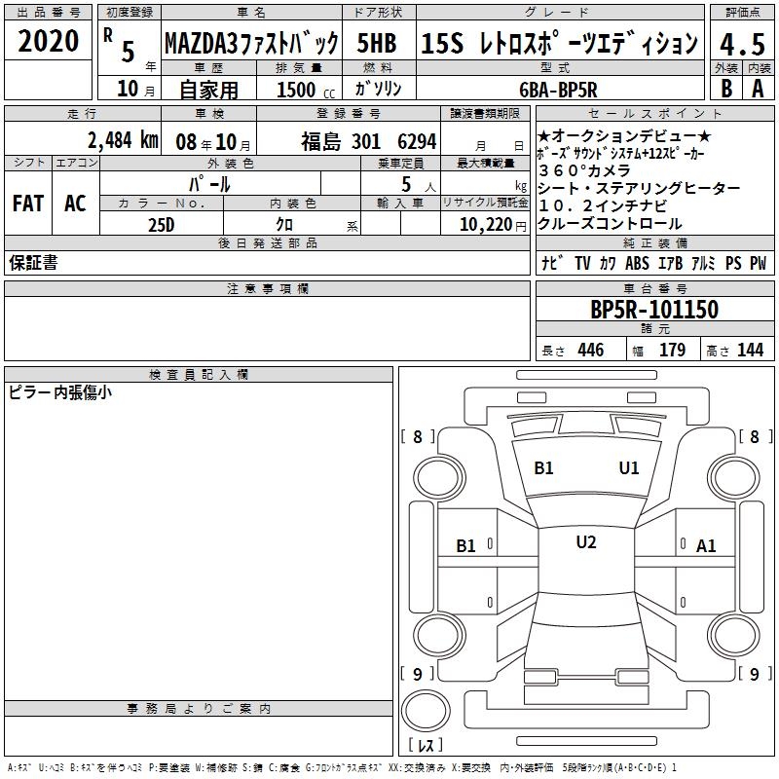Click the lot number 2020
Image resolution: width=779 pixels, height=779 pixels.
point(48,41)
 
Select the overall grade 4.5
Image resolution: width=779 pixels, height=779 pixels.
point(742,44)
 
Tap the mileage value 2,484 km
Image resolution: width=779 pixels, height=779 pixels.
point(123,140)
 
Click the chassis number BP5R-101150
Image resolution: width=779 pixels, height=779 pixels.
point(654,310)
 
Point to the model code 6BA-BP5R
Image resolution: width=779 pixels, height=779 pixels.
point(558,90)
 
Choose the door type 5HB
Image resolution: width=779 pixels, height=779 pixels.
point(377,43)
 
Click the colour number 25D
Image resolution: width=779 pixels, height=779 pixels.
point(161,225)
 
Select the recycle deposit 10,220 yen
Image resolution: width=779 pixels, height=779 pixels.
point(493,225)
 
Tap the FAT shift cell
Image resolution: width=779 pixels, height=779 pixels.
point(28,204)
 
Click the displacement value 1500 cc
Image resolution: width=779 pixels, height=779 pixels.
point(306,90)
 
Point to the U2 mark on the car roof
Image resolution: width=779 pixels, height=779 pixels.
point(586,542)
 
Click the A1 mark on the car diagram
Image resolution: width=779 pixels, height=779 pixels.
point(706,546)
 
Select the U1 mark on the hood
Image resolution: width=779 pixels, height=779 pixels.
point(629,467)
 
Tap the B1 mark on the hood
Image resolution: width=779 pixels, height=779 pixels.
point(543,468)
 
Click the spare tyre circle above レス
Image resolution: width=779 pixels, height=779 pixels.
point(426,711)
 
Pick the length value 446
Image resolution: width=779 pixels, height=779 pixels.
point(591,350)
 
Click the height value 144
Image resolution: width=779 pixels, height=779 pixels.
point(750,350)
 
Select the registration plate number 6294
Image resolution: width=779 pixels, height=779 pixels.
point(417,141)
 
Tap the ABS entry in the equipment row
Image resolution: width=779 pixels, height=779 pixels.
point(637,263)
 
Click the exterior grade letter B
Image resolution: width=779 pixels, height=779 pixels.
point(726,89)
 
